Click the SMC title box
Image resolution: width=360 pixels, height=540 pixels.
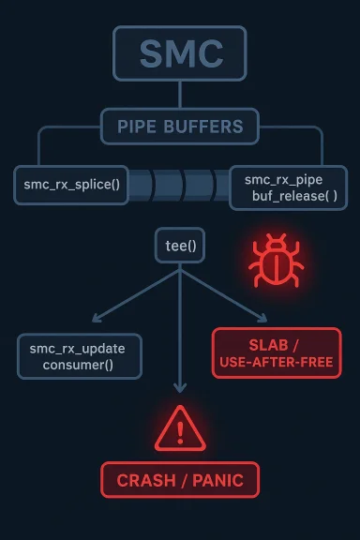(179, 53)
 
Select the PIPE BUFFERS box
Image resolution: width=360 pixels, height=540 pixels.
(179, 126)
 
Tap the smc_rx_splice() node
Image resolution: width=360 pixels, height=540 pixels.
(70, 184)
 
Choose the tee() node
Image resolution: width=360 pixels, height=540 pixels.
(179, 246)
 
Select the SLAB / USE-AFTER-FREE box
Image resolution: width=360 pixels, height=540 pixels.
(276, 352)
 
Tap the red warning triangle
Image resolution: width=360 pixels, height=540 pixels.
(181, 429)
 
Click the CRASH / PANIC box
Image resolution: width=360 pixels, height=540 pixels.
(179, 480)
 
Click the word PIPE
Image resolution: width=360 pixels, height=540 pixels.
(138, 126)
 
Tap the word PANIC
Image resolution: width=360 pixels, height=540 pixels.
(217, 481)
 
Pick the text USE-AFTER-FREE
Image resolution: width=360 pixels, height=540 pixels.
(276, 363)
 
